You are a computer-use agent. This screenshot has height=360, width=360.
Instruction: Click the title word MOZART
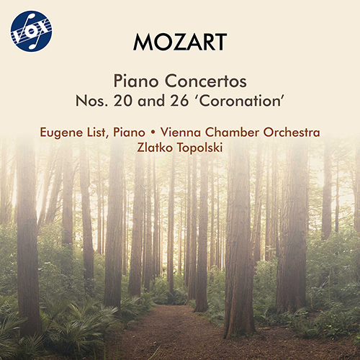coord(180,41)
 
